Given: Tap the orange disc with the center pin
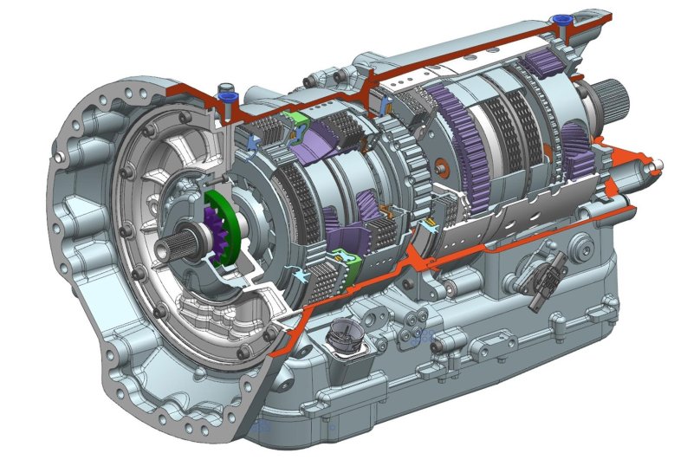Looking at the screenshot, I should [443, 165].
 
